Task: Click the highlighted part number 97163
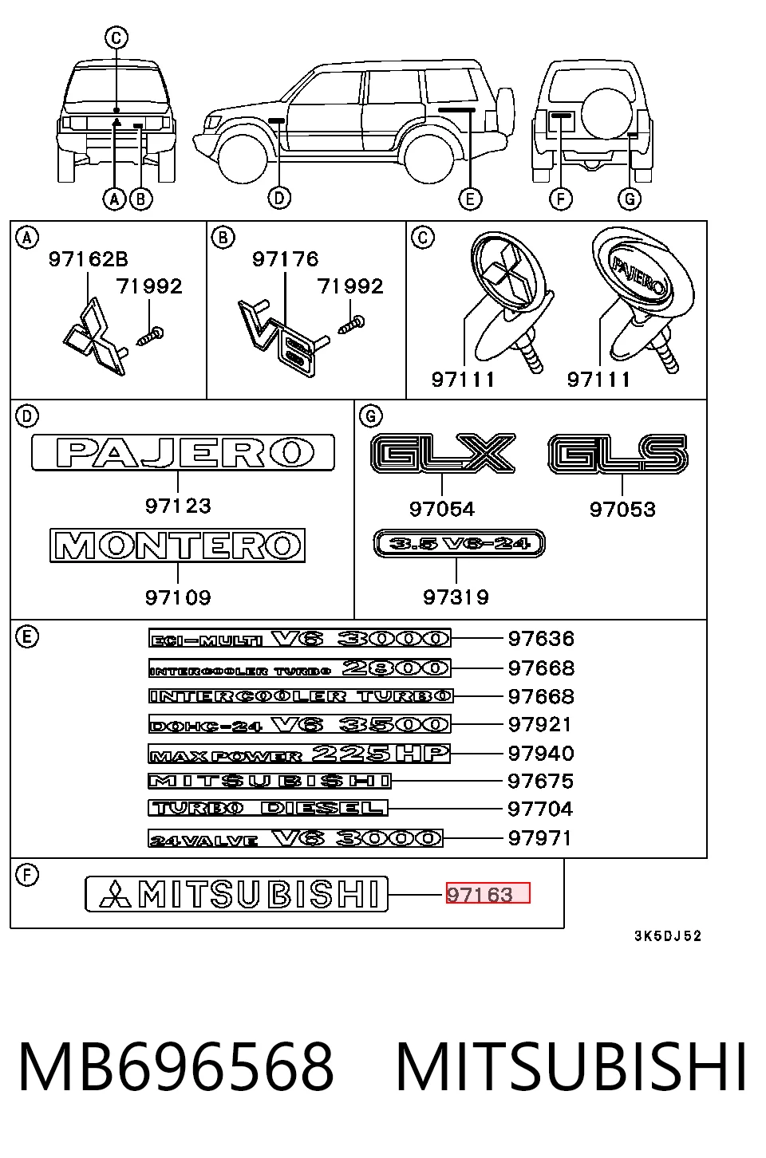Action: coord(480,894)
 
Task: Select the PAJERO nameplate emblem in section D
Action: coord(183,452)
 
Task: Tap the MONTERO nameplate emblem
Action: coord(177,546)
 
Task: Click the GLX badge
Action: coord(444,453)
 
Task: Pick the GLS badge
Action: coord(618,454)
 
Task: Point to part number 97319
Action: coord(456,597)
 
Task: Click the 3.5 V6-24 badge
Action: coord(460,543)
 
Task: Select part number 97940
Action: coord(541,753)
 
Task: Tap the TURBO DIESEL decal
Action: coord(268,808)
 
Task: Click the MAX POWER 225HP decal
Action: coord(299,754)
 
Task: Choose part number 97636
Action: coord(541,639)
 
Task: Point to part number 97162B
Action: coord(89,259)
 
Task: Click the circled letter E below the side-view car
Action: coord(470,199)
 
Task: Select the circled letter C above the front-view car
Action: coord(116,37)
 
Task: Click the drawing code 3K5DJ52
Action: coord(668,935)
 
